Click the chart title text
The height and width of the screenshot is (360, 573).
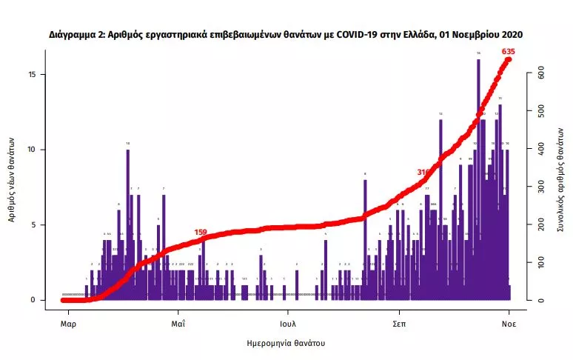tap(286, 34)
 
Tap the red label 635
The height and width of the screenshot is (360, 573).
tap(508, 51)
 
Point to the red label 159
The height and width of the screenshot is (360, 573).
tap(201, 232)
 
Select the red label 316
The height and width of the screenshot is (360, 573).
tap(423, 172)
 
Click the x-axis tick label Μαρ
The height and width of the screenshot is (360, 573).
tap(68, 324)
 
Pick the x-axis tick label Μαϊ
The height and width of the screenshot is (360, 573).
tap(178, 324)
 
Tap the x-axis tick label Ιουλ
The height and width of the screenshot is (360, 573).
tap(288, 324)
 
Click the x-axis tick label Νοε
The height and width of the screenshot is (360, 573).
tap(509, 324)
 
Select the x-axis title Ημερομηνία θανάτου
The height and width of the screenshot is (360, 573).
tap(286, 344)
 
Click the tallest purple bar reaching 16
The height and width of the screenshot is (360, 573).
tap(478, 178)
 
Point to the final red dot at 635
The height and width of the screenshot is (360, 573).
tap(509, 59)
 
